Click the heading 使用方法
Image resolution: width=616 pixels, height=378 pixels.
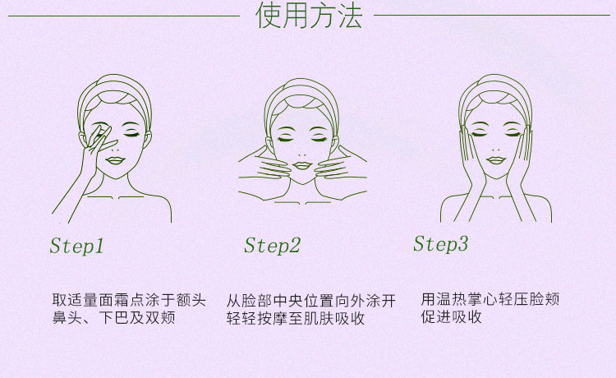pos(309,16)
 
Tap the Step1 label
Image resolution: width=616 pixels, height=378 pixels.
pos(76,245)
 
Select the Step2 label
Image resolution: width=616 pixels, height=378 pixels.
pos(273,245)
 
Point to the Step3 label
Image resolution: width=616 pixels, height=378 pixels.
pos(440,243)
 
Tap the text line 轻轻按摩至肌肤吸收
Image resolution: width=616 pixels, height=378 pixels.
pos(296,318)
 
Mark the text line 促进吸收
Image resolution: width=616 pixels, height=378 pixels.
pos(451,316)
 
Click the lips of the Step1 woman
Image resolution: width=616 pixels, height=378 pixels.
pos(116,159)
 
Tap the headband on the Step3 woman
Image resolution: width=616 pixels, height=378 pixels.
pos(496,101)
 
